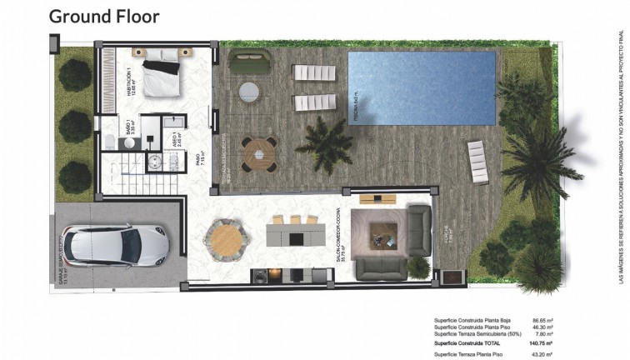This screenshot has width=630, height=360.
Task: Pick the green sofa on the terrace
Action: pos(247,62)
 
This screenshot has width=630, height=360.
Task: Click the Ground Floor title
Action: pos(103,16)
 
